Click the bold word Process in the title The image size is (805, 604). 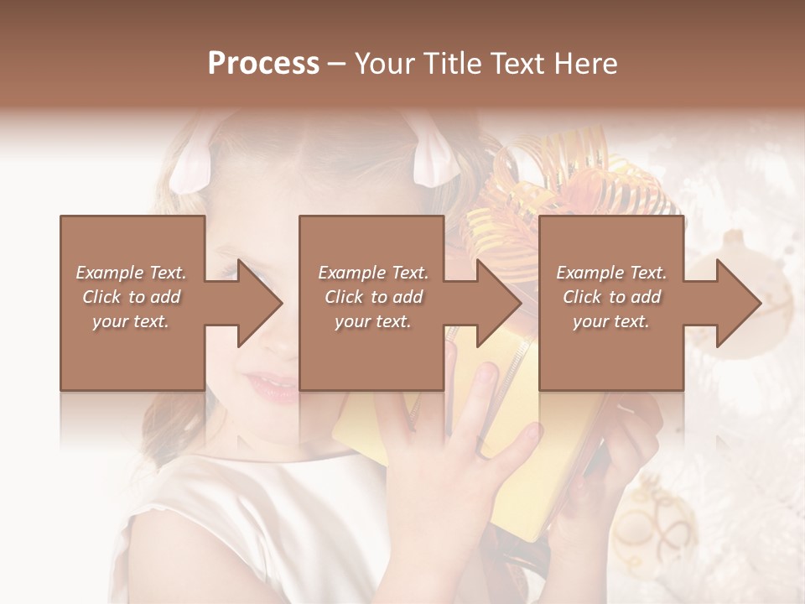pyautogui.click(x=263, y=64)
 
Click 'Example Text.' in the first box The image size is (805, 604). pyautogui.click(x=131, y=273)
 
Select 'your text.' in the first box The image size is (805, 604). pyautogui.click(x=131, y=321)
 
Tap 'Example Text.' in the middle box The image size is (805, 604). pyautogui.click(x=373, y=273)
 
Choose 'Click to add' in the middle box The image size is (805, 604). pyautogui.click(x=373, y=297)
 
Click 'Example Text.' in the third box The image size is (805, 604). pyautogui.click(x=611, y=273)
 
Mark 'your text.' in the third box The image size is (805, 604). pyautogui.click(x=611, y=321)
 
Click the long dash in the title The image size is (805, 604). pyautogui.click(x=337, y=65)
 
